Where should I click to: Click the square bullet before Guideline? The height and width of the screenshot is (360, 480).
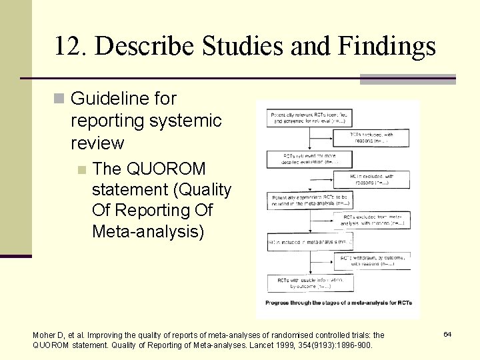58,99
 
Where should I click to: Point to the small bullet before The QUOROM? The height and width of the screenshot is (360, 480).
81,169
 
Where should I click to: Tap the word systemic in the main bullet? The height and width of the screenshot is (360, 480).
189,121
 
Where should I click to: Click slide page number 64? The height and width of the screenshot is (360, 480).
447,333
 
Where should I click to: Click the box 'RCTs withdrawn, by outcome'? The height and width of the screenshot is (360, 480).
372,261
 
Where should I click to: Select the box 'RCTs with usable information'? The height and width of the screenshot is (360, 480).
310,283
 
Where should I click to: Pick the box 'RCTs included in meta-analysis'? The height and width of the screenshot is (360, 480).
310,241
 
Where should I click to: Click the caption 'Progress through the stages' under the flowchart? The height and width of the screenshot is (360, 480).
338,303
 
